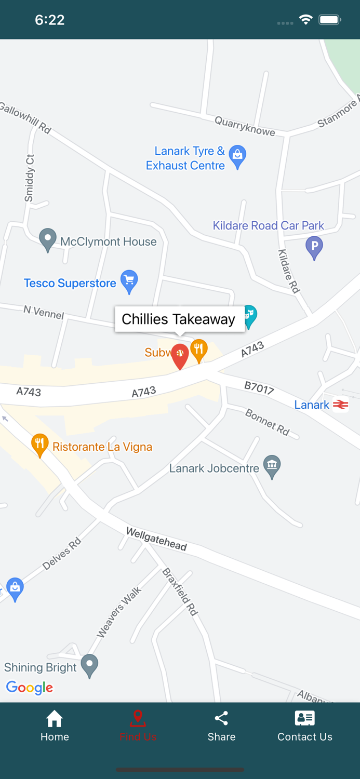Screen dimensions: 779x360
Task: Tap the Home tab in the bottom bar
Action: click(x=55, y=726)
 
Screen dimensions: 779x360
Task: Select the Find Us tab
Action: click(x=138, y=726)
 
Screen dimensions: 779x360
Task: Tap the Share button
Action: click(x=221, y=726)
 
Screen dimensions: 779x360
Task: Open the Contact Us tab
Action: click(x=304, y=726)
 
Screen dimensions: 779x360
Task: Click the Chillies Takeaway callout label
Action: click(x=179, y=319)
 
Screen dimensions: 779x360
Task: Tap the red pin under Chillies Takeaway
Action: click(x=180, y=355)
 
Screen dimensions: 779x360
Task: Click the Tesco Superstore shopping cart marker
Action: click(x=129, y=281)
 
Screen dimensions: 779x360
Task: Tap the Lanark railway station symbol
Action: click(x=341, y=405)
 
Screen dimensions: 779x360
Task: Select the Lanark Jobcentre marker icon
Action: click(x=272, y=465)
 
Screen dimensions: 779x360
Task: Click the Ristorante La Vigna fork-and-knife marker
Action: click(x=40, y=445)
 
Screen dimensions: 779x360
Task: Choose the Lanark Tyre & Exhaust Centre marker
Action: click(x=237, y=156)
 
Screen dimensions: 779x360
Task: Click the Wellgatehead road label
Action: click(x=156, y=539)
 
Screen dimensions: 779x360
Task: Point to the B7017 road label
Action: click(x=259, y=387)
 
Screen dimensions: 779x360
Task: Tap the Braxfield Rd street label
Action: click(x=180, y=592)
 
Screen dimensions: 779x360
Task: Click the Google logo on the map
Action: click(x=30, y=688)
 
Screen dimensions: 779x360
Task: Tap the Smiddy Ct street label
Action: click(x=30, y=178)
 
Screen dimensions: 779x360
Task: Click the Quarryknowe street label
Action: click(x=245, y=126)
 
